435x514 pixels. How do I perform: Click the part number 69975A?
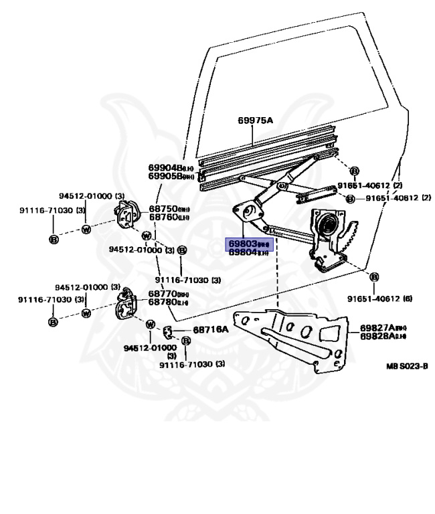(256, 120)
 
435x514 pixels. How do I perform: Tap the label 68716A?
(211, 329)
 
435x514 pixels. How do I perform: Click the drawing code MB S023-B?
(406, 366)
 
